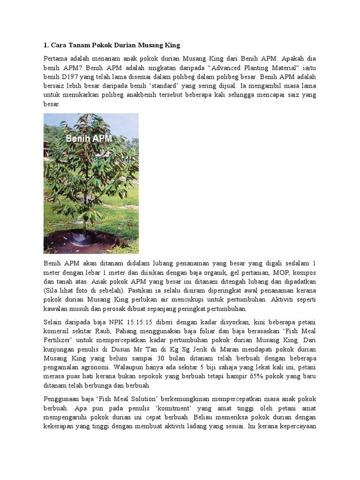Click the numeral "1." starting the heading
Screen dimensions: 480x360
click(46, 45)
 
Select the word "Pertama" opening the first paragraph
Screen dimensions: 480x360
click(56, 60)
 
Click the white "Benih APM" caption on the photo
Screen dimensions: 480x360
click(89, 139)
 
